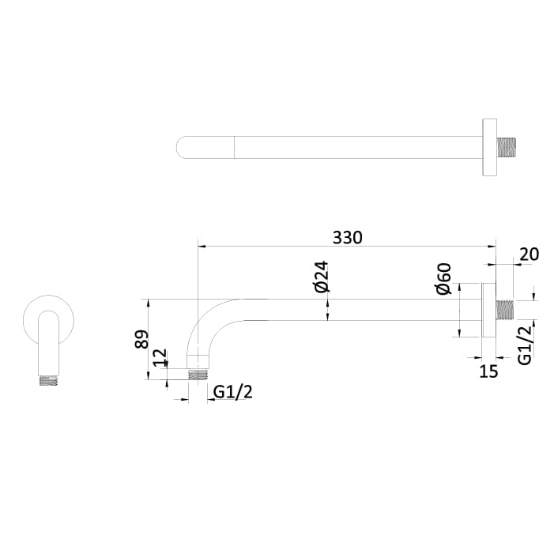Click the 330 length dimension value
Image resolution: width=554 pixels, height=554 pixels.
(347, 237)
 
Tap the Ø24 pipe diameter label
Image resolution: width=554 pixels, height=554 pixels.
(321, 276)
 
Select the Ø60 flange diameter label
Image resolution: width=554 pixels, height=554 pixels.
(443, 279)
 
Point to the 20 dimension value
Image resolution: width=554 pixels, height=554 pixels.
(530, 254)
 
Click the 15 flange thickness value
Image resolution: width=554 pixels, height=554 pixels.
(489, 371)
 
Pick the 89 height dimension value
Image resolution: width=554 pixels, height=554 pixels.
(141, 339)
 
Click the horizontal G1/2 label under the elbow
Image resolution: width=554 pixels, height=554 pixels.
(233, 392)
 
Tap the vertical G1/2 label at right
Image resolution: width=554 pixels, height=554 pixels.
(524, 345)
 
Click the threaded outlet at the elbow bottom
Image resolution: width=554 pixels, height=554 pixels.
(198, 374)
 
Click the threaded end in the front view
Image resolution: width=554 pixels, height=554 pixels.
(49, 380)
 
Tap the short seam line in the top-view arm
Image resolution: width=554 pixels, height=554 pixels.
(235, 148)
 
